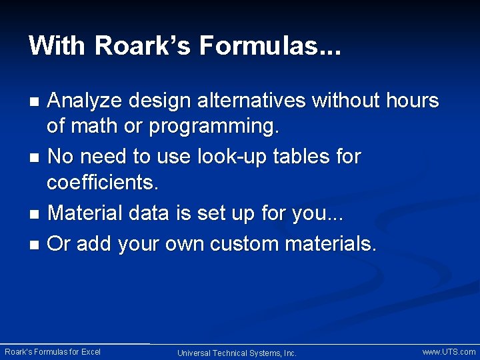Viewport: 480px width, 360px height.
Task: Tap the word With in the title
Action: (58, 46)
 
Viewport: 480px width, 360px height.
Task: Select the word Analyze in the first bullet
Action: (86, 101)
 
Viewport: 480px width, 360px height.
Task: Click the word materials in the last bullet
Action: (330, 244)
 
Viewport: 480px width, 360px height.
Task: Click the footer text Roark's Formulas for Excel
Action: (53, 352)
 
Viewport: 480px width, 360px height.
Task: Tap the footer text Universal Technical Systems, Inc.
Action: (237, 353)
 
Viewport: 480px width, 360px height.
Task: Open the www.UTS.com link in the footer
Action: (449, 352)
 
